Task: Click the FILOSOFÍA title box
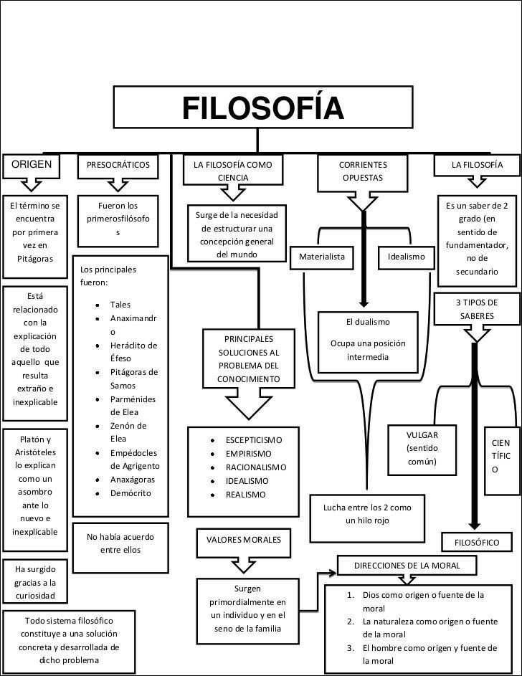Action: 262,109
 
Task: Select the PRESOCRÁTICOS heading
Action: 118,165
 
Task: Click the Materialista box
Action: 322,257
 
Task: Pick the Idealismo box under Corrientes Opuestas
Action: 406,257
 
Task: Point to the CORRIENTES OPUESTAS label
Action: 363,171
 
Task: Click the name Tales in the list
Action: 120,305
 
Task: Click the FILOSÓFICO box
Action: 478,542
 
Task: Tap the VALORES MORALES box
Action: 244,539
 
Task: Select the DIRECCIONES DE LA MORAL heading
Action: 406,566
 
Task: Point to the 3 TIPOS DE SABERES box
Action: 476,309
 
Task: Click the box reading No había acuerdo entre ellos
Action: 120,543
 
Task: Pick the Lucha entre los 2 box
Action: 367,514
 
